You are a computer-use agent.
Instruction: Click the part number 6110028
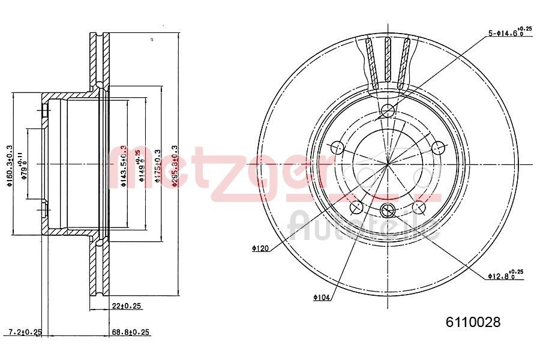coord(472,322)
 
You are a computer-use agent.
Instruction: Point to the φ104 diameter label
coord(322,297)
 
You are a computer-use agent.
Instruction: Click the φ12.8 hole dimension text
coord(505,275)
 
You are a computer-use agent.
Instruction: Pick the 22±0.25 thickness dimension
coord(126,306)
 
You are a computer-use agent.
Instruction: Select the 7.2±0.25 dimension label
coord(25,332)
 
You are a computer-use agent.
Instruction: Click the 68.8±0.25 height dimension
coord(130,332)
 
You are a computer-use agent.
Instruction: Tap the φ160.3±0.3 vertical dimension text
coord(10,165)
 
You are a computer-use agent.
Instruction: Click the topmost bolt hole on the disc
coord(388,110)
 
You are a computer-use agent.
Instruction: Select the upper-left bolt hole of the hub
coord(337,146)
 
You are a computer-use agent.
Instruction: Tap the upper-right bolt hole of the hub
coord(439,146)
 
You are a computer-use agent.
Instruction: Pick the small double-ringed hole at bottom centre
coord(388,209)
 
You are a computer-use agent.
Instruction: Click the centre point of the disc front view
coord(388,164)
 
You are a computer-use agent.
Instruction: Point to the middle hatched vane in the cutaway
coord(388,60)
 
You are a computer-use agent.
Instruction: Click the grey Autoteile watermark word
coord(363,226)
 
